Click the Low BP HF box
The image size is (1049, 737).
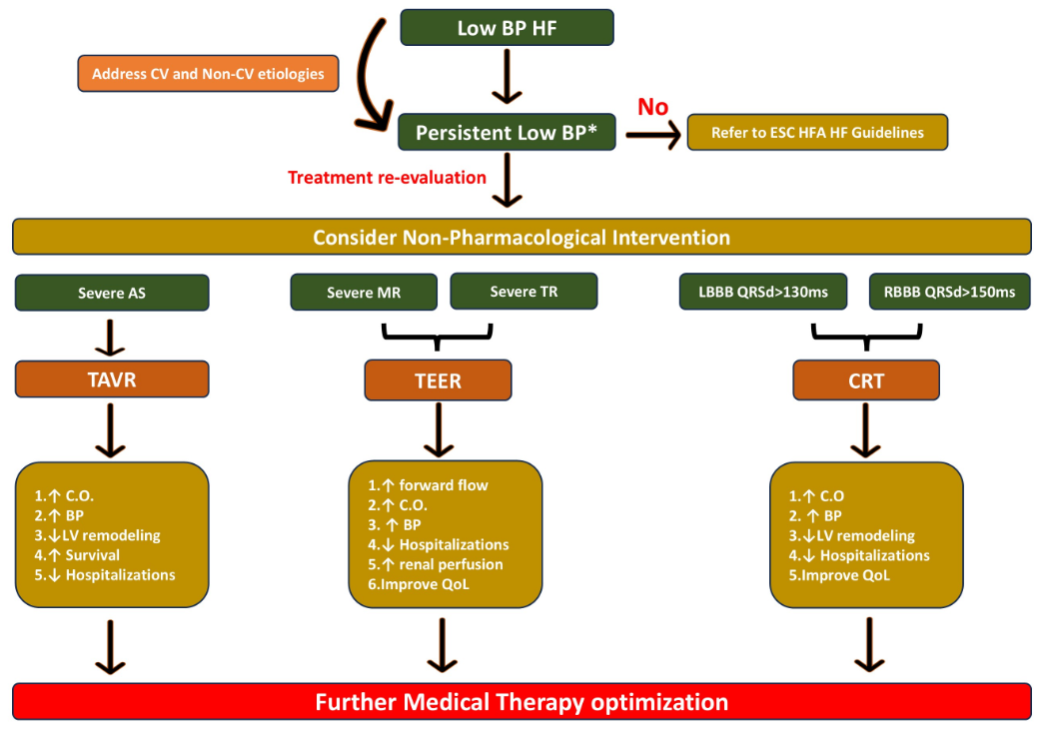(x=507, y=28)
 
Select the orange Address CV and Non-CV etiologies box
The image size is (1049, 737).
(x=208, y=74)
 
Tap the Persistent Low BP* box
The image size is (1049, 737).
(x=507, y=133)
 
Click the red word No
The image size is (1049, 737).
(x=652, y=107)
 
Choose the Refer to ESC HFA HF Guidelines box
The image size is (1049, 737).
(x=816, y=133)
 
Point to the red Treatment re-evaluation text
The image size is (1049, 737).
(x=387, y=178)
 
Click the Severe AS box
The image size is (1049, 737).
(x=111, y=293)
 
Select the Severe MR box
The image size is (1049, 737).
(x=364, y=293)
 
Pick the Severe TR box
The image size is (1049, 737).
(x=524, y=292)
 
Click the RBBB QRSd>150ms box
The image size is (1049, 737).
(x=949, y=292)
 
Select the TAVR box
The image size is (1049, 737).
(x=111, y=379)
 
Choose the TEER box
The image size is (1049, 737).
(x=438, y=380)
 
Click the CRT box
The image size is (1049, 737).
(x=865, y=380)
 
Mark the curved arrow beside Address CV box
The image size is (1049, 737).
(x=362, y=80)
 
